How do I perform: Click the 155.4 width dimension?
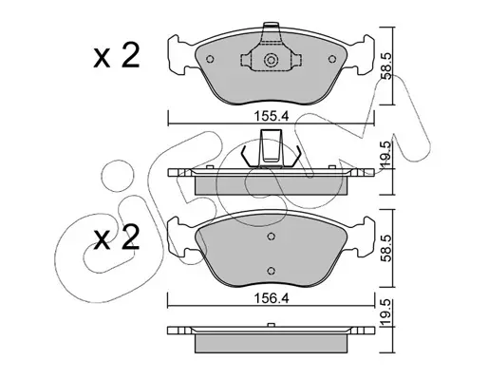272,117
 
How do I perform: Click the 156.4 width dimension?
272,298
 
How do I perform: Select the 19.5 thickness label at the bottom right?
386,313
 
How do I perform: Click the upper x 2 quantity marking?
117,56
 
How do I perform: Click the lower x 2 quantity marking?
117,237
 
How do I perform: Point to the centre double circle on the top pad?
271,60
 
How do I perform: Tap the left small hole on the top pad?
210,59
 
